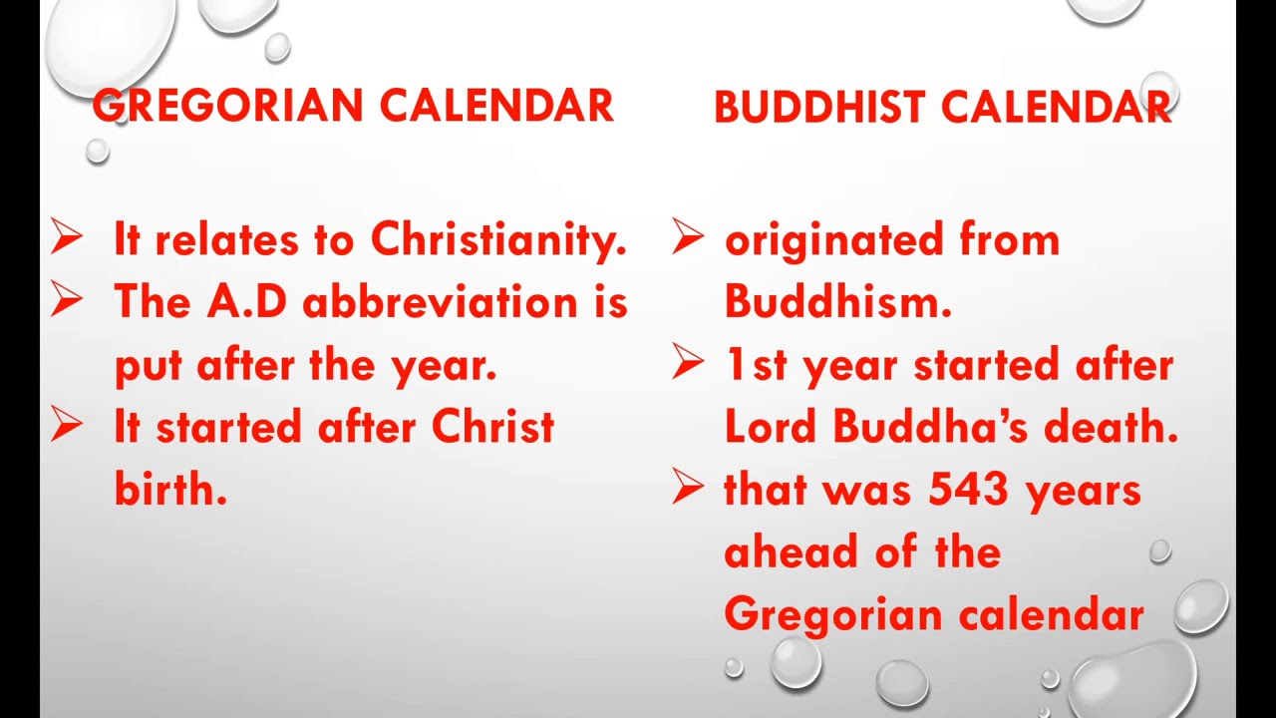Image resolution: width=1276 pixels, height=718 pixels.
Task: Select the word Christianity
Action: pyautogui.click(x=498, y=240)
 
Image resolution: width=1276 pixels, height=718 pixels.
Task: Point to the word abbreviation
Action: pyautogui.click(x=441, y=302)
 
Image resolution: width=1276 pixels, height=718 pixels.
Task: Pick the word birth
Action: pyautogui.click(x=170, y=490)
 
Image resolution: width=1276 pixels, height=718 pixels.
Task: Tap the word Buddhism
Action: pyautogui.click(x=837, y=302)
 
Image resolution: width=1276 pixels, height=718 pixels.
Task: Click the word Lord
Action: pyautogui.click(x=771, y=427)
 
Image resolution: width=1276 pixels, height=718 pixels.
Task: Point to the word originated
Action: pyautogui.click(x=833, y=240)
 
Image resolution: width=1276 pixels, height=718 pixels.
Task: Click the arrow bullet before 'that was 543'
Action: pyautogui.click(x=689, y=489)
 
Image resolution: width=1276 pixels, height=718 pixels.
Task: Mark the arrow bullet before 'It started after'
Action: pyautogui.click(x=68, y=426)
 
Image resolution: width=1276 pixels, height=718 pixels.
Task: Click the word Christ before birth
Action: pyautogui.click(x=492, y=427)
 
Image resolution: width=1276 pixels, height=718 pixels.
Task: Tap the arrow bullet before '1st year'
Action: pyautogui.click(x=689, y=364)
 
